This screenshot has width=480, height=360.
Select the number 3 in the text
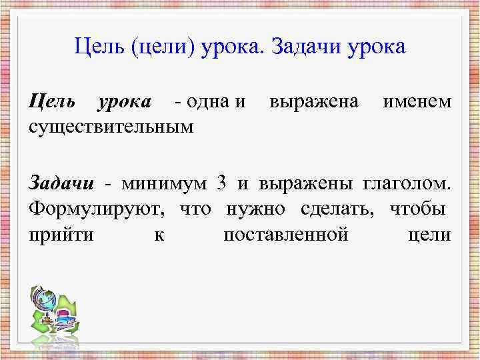coord(222,183)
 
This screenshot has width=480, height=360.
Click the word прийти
coord(61,235)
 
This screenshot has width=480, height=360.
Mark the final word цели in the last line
coord(429,235)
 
